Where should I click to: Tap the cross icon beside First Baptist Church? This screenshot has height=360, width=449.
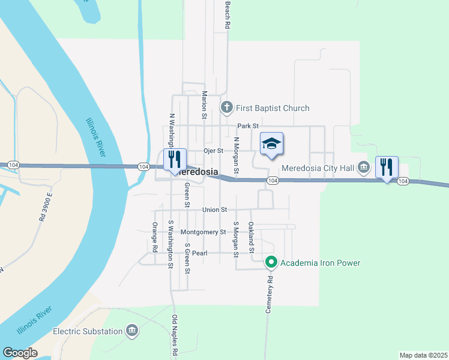[x=226, y=108]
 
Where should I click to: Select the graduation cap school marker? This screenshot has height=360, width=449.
[x=271, y=144]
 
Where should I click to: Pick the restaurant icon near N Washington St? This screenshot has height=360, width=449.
[x=175, y=160]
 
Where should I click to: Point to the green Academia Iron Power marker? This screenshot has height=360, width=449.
[x=271, y=262]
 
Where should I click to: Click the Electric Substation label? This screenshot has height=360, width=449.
[x=88, y=331]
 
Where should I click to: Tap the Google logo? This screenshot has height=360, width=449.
[x=20, y=353]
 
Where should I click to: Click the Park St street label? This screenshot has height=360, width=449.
[x=247, y=126]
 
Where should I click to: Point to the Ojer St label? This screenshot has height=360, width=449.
[x=213, y=151]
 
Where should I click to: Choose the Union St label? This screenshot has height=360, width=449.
[x=214, y=210]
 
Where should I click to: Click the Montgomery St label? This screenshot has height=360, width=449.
[x=203, y=232]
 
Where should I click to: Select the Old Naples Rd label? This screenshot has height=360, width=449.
[x=175, y=336]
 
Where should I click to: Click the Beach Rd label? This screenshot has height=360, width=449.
[x=228, y=14]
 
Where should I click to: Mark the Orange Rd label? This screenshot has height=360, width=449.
[x=155, y=237]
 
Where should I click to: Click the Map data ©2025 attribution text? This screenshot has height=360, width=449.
[x=423, y=355]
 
